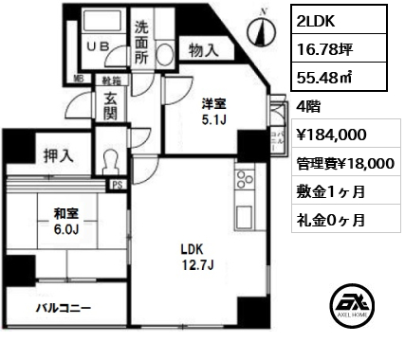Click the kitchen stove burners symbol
[242, 179]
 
